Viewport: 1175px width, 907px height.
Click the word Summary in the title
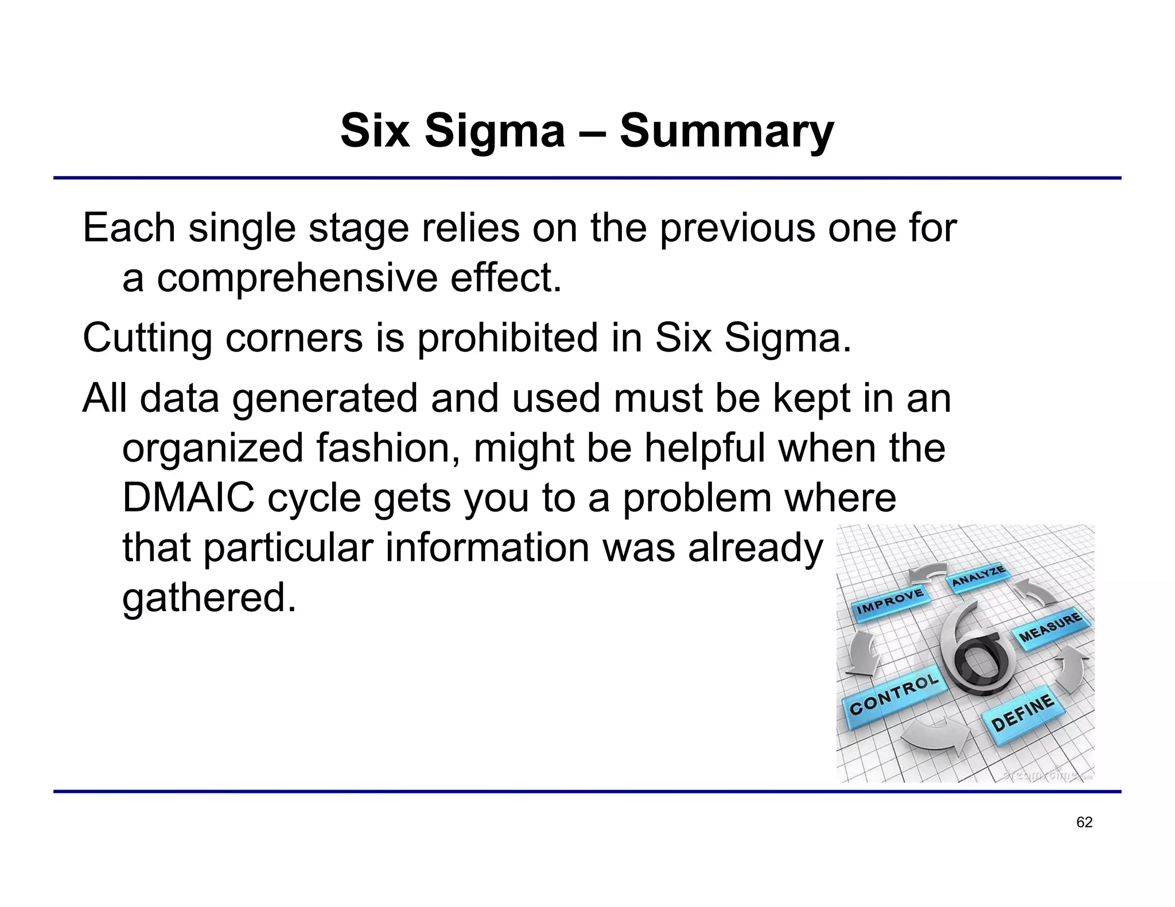click(726, 131)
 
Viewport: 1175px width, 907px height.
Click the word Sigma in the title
click(495, 131)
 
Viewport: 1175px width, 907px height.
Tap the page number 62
click(1084, 822)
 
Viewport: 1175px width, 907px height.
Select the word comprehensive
click(297, 278)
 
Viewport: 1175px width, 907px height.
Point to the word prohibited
click(507, 338)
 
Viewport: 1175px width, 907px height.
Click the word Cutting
click(147, 338)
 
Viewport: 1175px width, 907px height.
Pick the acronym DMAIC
click(188, 497)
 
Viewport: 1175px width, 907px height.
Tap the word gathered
click(209, 597)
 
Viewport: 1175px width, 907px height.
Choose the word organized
click(212, 448)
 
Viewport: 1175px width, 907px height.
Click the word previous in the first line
click(737, 228)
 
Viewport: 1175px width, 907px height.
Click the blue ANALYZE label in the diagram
click(978, 576)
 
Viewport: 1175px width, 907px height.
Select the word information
click(487, 548)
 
